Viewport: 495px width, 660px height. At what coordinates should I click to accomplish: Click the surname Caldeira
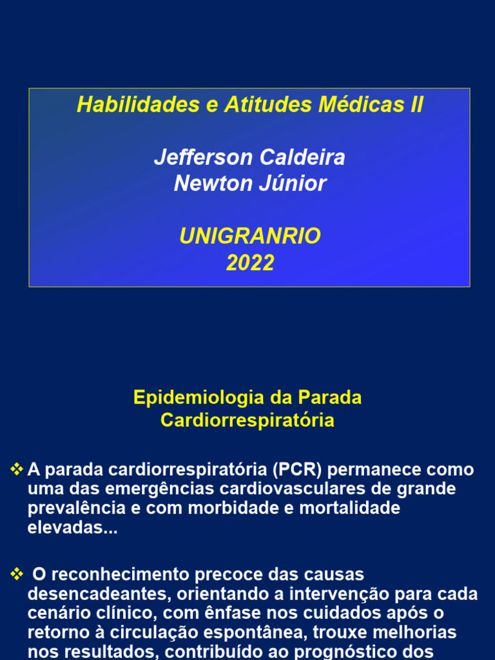[302, 157]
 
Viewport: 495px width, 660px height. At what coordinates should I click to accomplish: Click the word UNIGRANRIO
[250, 237]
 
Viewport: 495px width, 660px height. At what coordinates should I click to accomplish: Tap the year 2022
[250, 263]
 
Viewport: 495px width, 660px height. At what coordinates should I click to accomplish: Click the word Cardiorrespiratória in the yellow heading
[247, 420]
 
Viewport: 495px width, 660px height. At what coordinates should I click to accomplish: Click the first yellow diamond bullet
[17, 469]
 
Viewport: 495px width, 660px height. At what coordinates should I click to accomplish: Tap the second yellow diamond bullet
[17, 574]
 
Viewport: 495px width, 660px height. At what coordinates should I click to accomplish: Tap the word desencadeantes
[98, 594]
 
